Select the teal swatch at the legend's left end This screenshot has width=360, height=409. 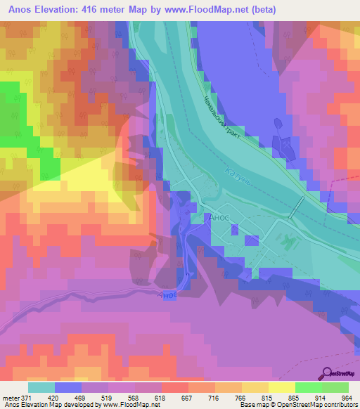coord(41,387)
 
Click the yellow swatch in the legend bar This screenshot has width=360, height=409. coord(282,387)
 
